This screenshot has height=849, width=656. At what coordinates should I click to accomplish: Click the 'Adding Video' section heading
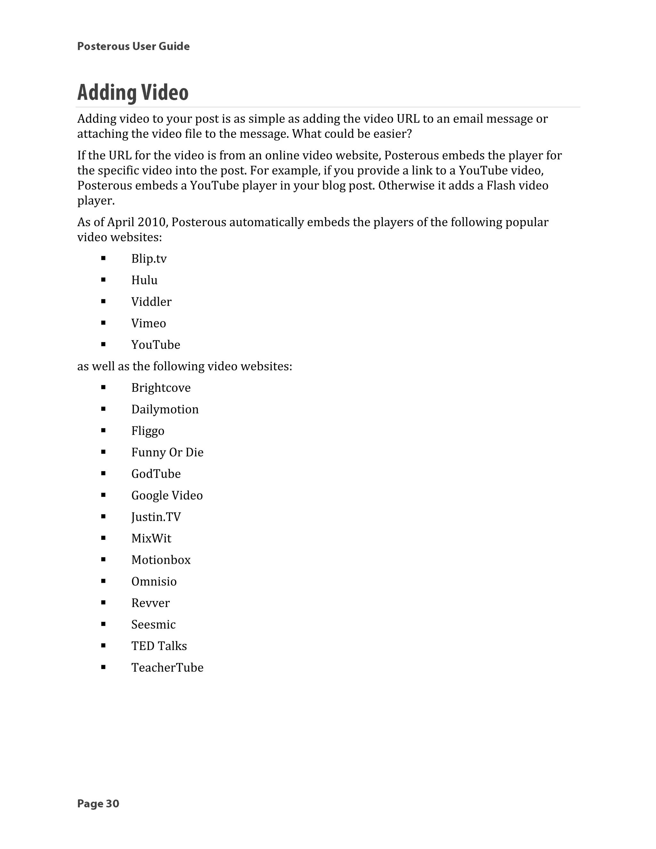(x=133, y=93)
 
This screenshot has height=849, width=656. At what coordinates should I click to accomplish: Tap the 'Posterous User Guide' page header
(x=133, y=46)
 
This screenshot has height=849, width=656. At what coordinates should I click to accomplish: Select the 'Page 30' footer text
(x=98, y=804)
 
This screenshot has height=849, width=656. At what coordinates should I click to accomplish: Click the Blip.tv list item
(x=149, y=259)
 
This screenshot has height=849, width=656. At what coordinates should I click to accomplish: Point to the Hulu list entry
(x=144, y=280)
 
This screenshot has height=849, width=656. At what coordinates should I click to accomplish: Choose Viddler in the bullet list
(x=151, y=302)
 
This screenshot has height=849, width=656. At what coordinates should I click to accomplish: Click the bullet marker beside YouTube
(x=103, y=344)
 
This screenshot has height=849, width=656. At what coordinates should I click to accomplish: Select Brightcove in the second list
(x=161, y=388)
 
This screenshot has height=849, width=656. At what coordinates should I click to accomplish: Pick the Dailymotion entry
(x=165, y=409)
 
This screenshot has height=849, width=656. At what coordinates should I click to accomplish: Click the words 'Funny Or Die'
(x=167, y=452)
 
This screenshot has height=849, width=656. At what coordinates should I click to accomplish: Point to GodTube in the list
(x=156, y=474)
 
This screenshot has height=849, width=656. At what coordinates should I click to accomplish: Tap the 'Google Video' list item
(x=167, y=496)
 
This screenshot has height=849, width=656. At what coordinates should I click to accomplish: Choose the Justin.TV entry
(x=156, y=517)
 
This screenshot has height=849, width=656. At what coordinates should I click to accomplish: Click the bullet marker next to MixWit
(x=103, y=538)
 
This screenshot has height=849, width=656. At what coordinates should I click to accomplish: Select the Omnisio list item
(x=154, y=581)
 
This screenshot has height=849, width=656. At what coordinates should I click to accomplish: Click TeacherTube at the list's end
(x=167, y=667)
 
